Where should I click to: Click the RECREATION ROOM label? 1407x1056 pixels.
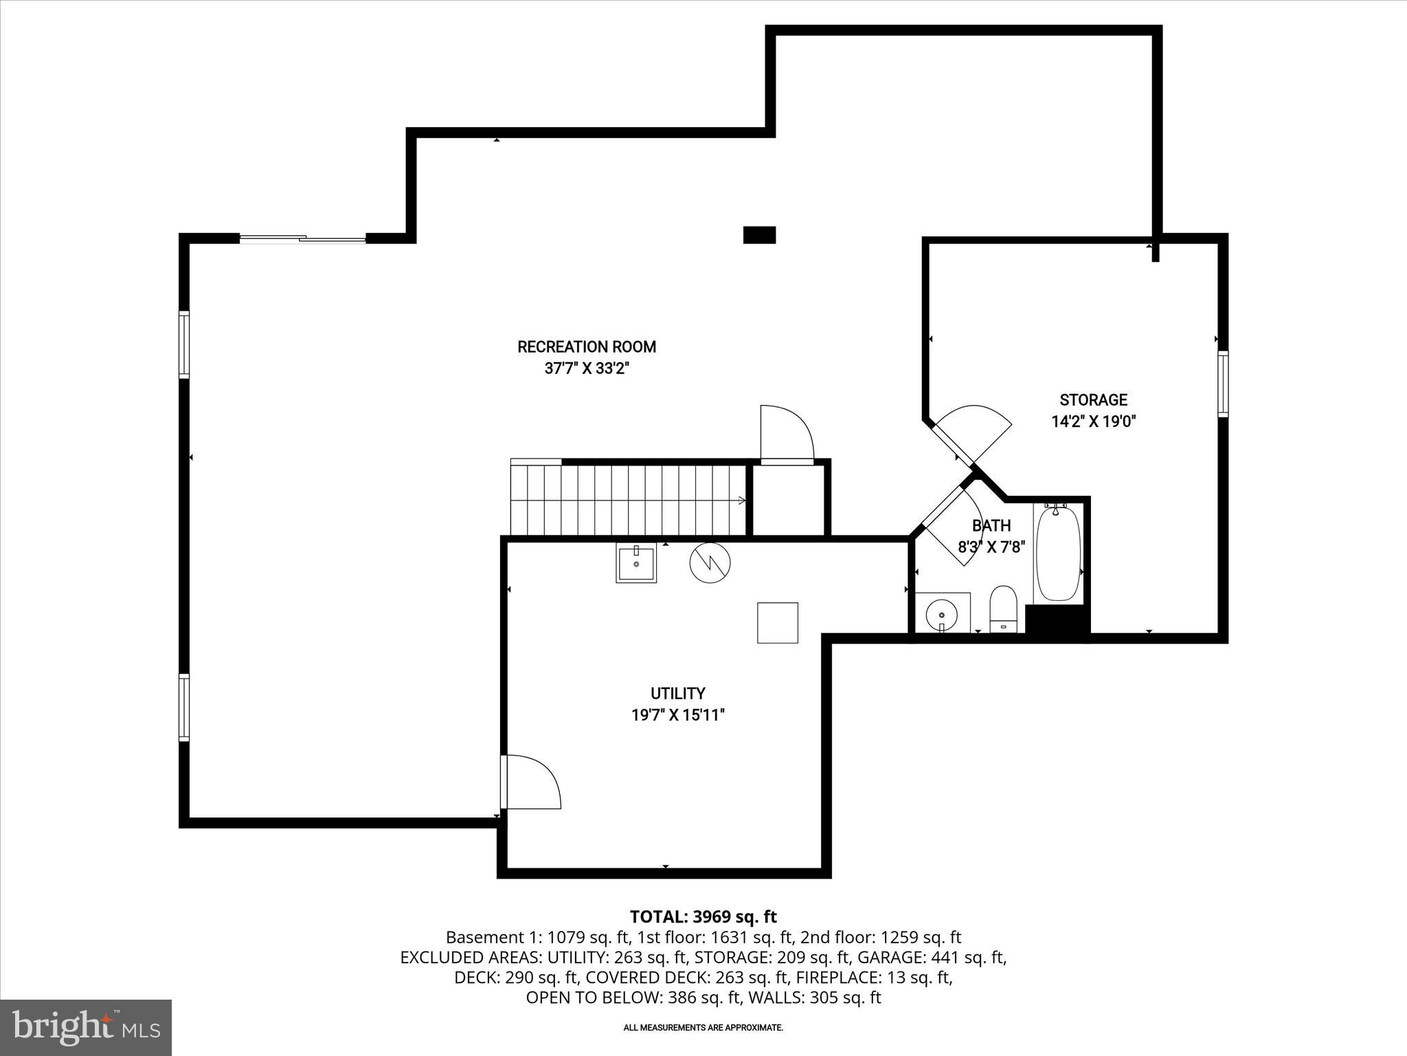click(x=587, y=346)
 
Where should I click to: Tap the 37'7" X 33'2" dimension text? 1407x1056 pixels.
click(x=587, y=368)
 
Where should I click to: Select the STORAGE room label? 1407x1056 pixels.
click(x=1093, y=400)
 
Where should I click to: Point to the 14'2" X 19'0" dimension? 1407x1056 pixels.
click(x=1093, y=421)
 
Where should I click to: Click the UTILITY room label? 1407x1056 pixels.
click(x=677, y=693)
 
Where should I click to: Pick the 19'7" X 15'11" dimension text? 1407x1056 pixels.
click(x=677, y=715)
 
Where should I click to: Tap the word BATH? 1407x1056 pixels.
click(x=991, y=526)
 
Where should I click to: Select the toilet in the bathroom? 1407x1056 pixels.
click(x=1003, y=608)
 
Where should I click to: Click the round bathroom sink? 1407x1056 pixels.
click(x=941, y=611)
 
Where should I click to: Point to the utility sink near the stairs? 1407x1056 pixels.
click(x=636, y=563)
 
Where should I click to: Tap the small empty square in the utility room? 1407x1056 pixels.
click(x=777, y=623)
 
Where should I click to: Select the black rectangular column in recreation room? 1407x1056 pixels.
click(x=759, y=235)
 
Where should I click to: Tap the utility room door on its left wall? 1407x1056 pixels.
click(x=530, y=782)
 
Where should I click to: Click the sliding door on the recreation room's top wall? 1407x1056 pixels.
click(x=302, y=239)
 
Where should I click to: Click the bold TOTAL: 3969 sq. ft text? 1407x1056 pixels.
click(x=703, y=916)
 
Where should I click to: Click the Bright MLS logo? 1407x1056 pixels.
click(x=86, y=1027)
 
